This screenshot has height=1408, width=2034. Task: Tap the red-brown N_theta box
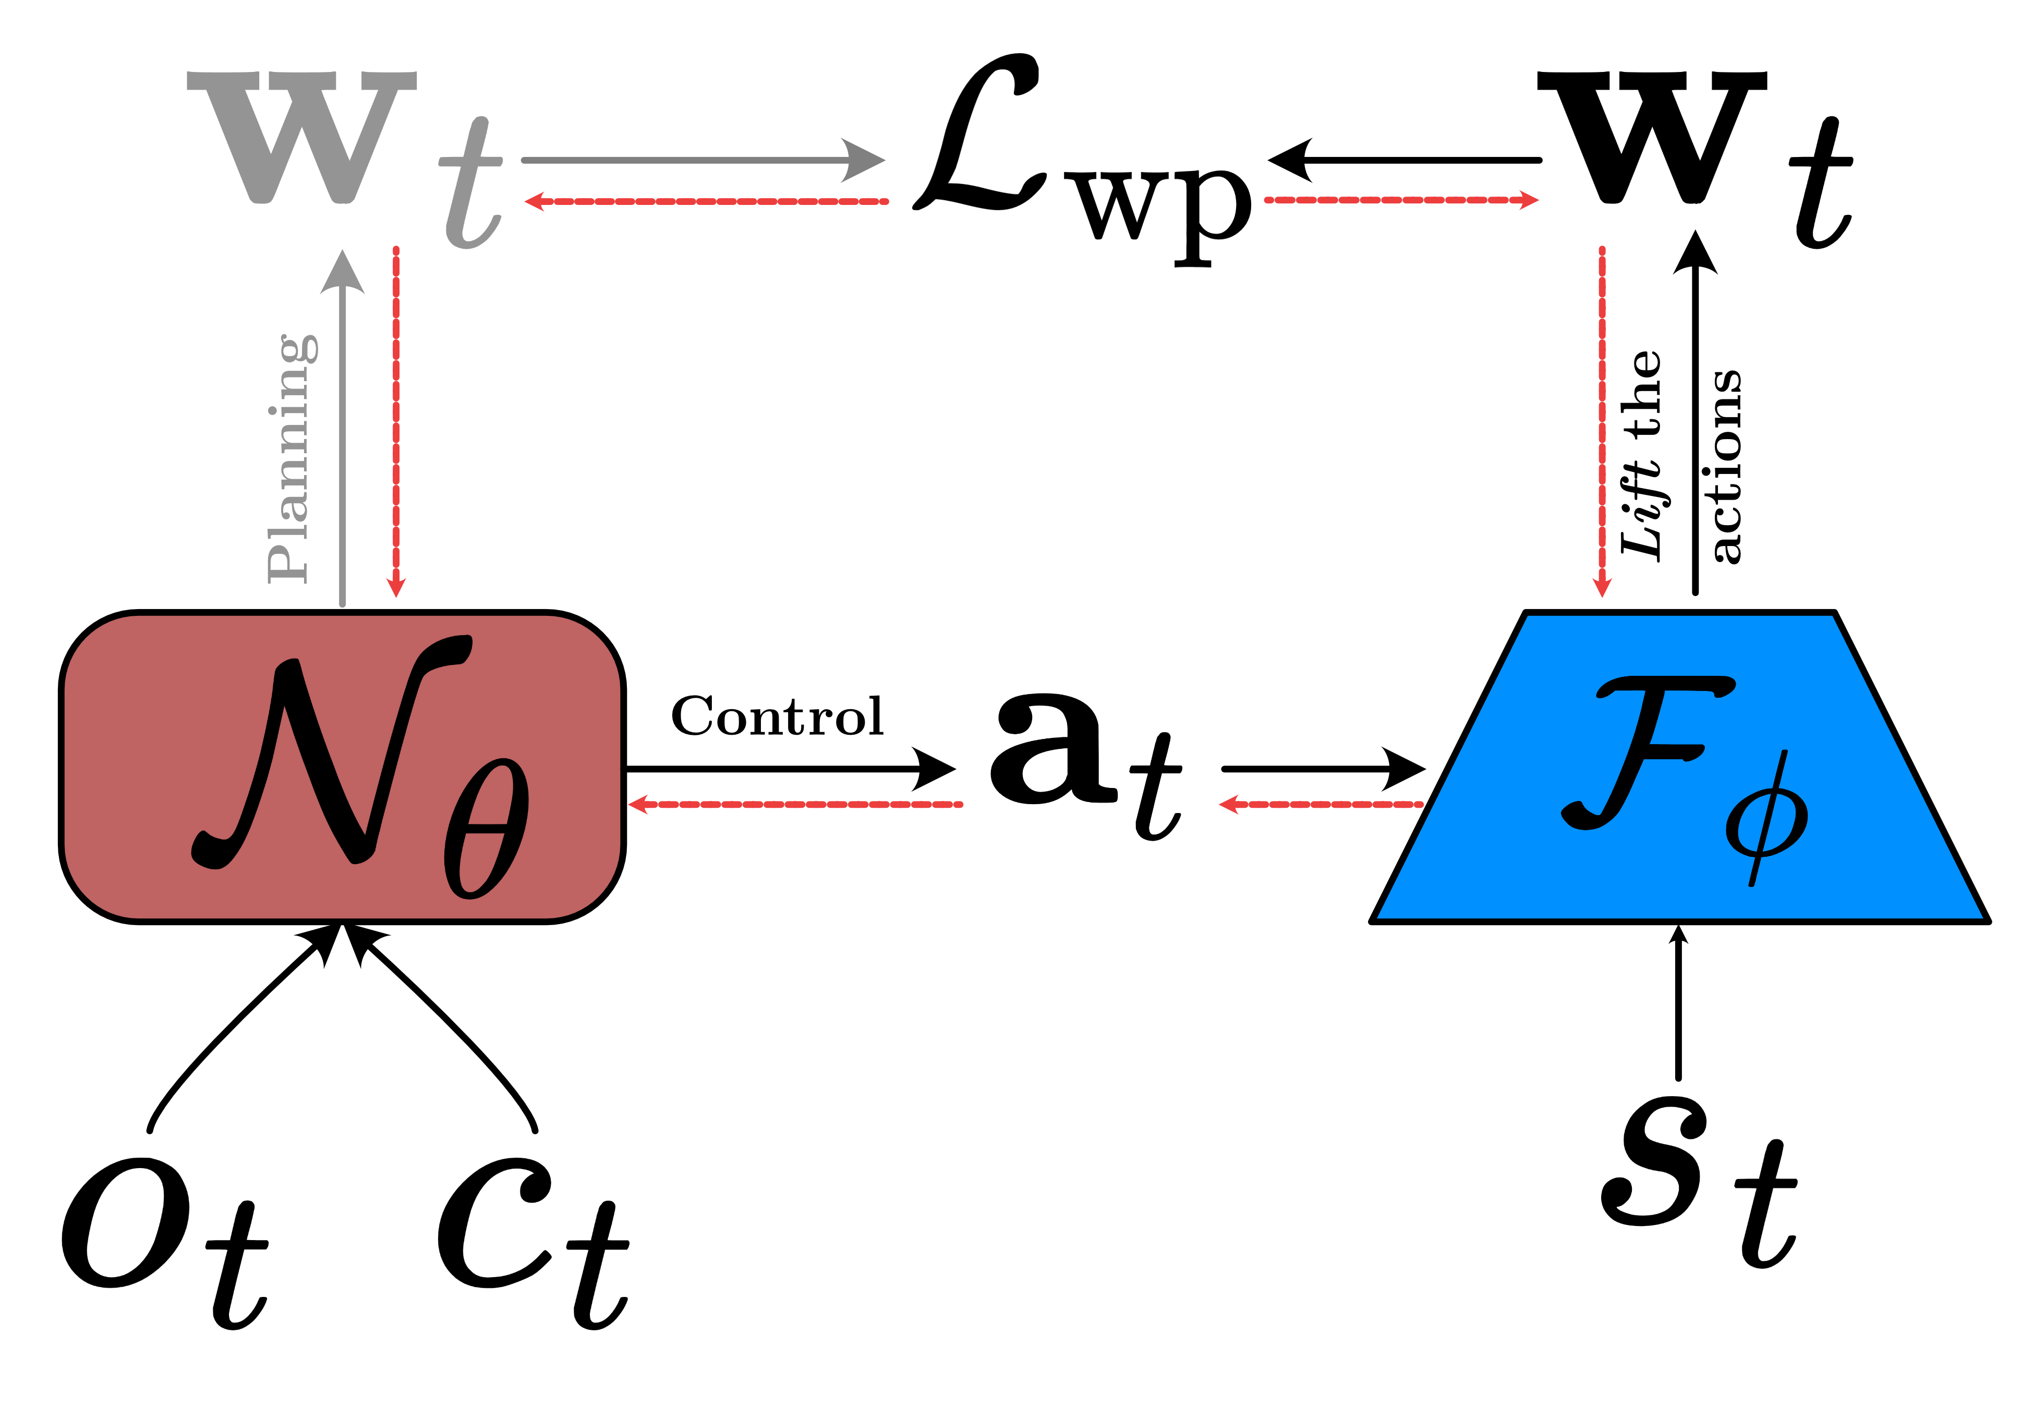(x=342, y=766)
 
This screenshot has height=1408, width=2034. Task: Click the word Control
(x=776, y=717)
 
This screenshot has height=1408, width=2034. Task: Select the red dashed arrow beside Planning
(x=396, y=423)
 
